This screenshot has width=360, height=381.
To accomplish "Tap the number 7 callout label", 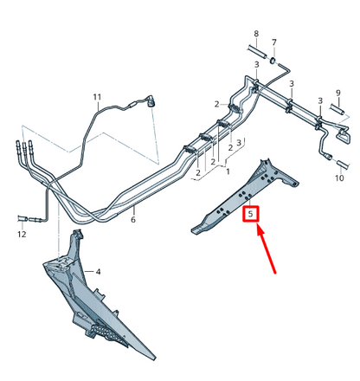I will click(x=274, y=42).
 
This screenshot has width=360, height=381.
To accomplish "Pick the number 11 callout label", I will click(x=97, y=96).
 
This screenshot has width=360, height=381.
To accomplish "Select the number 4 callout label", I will click(x=98, y=272).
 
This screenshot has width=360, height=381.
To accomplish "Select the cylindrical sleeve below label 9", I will click(x=340, y=112).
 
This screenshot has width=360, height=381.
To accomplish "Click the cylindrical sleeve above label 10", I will click(x=341, y=163).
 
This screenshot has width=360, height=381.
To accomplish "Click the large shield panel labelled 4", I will click(x=95, y=303).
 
